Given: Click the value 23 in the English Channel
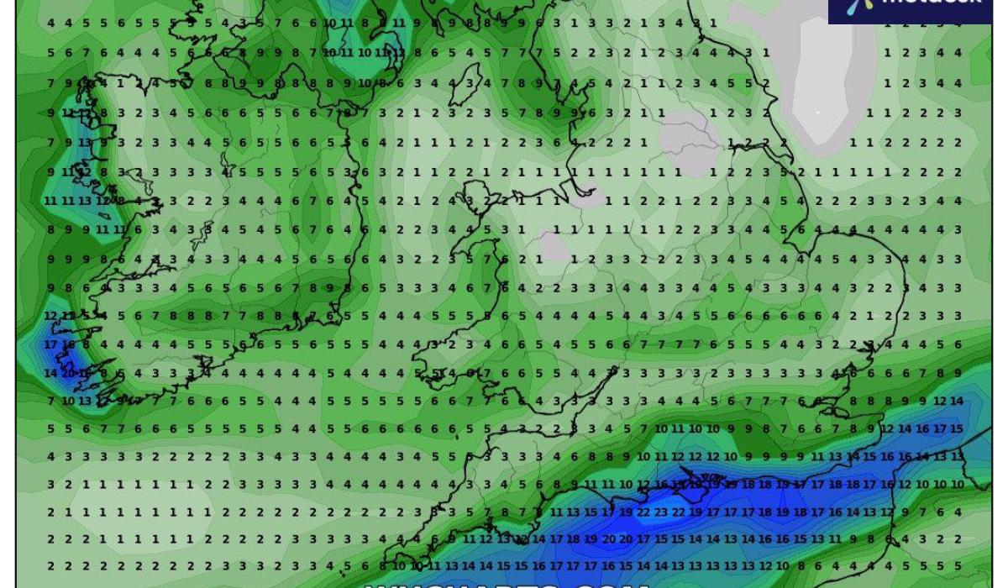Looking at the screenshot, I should point(661,512).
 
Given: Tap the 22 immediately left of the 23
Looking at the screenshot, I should point(643,512).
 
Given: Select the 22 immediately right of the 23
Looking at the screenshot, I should point(679,512).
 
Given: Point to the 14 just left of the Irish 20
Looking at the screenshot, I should point(51,373).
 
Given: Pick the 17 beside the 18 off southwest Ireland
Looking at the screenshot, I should point(51,344).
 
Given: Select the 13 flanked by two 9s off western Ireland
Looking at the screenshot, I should point(87,141).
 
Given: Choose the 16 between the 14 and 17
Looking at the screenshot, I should point(921,428).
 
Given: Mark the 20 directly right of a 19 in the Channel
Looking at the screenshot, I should point(608,539).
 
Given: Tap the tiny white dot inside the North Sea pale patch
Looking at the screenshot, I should point(817,111).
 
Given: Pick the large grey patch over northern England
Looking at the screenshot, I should point(685,143).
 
